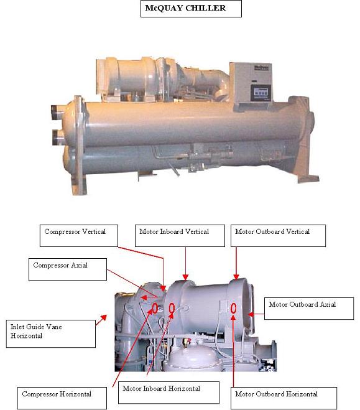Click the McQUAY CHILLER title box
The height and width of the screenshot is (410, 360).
click(191, 9)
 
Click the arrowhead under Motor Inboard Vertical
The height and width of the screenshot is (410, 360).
click(185, 277)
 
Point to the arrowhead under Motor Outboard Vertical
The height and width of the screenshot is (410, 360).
click(236, 277)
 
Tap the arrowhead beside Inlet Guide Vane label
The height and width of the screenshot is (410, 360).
click(104, 318)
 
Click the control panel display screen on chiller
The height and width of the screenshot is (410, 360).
click(261, 93)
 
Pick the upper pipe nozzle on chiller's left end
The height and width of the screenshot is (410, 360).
click(57, 113)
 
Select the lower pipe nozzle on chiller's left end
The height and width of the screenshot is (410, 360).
click(58, 137)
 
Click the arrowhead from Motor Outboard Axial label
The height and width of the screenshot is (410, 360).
click(251, 314)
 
